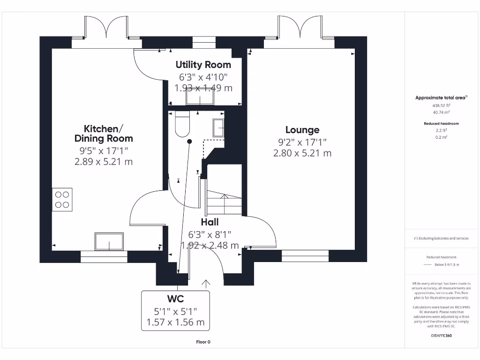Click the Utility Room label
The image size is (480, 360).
[x=203, y=65]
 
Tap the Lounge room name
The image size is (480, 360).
[x=302, y=130]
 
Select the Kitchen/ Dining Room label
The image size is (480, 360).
[x=104, y=133]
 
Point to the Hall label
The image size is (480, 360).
[x=210, y=222]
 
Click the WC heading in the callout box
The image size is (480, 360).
[x=175, y=299]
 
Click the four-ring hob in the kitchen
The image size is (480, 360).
[x=62, y=199]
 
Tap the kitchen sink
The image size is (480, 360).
[x=109, y=241]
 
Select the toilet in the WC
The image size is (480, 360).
[x=182, y=123]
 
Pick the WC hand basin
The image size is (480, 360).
[x=218, y=127]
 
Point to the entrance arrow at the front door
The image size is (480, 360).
[x=206, y=283]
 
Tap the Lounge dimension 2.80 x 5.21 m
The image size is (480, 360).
[x=302, y=153]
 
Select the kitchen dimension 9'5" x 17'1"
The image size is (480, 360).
[x=104, y=150]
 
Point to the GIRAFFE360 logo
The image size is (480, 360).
[x=441, y=336]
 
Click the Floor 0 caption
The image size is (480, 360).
[x=203, y=342]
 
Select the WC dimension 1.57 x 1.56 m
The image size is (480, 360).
[x=175, y=322]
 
